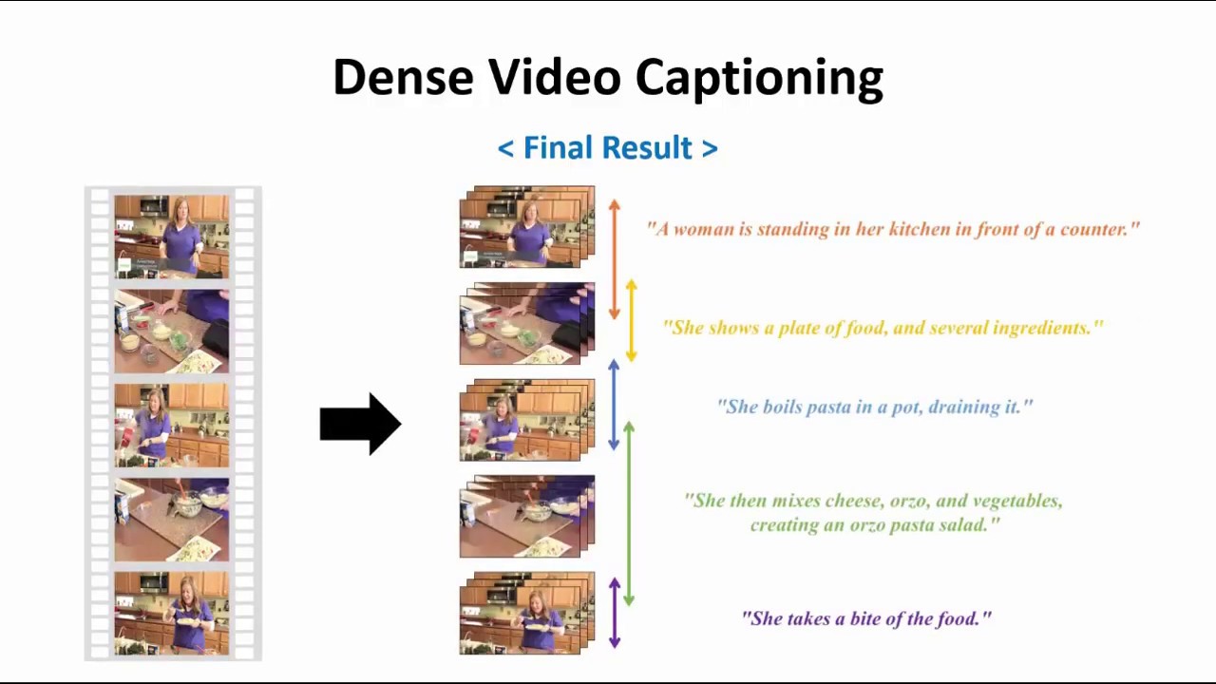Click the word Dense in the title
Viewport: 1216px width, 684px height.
coord(403,77)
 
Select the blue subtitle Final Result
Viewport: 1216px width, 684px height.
coord(607,148)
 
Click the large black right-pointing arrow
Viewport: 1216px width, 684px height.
coord(360,424)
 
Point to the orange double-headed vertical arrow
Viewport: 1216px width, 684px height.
coord(615,258)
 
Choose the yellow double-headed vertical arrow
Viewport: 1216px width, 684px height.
coord(631,321)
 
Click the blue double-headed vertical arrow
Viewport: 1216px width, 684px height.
coord(614,405)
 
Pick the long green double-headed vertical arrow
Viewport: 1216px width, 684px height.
coord(629,514)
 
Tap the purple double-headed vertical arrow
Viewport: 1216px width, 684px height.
coord(614,613)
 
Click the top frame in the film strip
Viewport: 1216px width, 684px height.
coord(172,237)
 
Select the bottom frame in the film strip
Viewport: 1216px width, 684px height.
coord(172,613)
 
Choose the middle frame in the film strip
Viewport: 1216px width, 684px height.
coord(172,425)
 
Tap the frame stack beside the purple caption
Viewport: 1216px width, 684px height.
coord(526,614)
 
